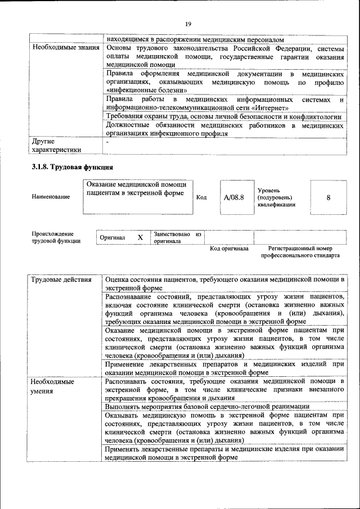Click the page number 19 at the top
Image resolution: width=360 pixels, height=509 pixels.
coord(188,23)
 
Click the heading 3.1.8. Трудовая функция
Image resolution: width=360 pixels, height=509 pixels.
coord(73,167)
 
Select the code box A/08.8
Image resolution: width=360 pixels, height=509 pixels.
coord(233,197)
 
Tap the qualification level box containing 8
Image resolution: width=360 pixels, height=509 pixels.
coord(328,197)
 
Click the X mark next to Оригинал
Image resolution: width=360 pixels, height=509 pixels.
coord(140,237)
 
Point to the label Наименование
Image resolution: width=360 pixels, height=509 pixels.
coord(51,197)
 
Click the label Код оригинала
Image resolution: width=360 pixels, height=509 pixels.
coord(229,248)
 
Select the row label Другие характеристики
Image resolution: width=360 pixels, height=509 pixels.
coord(56,146)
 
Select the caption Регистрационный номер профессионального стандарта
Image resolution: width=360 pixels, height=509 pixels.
coord(300,251)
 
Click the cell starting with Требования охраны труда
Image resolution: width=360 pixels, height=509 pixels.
coord(223,116)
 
